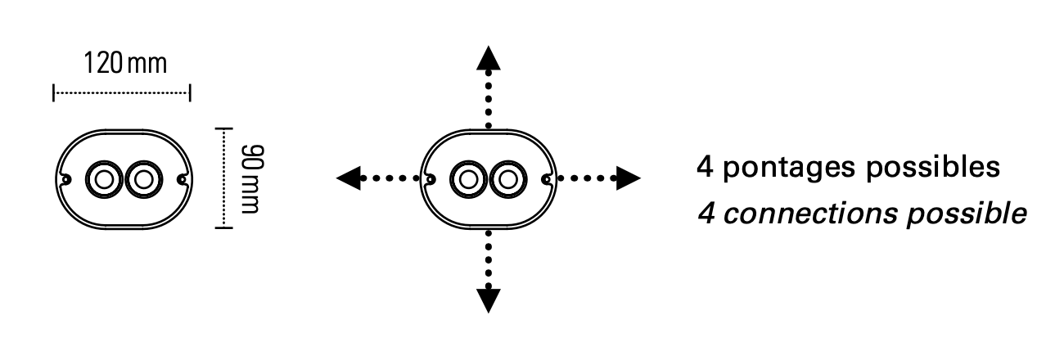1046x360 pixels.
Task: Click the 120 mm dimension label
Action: (x=125, y=64)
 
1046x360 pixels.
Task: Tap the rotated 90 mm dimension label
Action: (x=253, y=179)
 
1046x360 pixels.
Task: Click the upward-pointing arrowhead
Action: (x=489, y=58)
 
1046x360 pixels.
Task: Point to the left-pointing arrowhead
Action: (x=349, y=178)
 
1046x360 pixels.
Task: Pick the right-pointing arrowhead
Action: (x=629, y=178)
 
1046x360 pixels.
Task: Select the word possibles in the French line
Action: (x=933, y=167)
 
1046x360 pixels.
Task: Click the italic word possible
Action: (x=967, y=214)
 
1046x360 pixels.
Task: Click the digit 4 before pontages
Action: (x=706, y=167)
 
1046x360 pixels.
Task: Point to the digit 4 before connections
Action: (x=707, y=214)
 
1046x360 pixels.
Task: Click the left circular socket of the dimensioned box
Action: (x=104, y=179)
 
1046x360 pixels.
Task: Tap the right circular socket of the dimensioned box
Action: (x=144, y=179)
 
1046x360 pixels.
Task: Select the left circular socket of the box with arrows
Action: (x=468, y=179)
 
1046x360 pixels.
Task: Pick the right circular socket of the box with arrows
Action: (x=508, y=179)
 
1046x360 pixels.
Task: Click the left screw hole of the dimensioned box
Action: (x=65, y=179)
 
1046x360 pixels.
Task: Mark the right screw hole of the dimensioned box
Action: (x=182, y=179)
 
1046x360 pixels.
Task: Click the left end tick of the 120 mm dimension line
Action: (x=54, y=93)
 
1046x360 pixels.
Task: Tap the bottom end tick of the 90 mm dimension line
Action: (x=223, y=227)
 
